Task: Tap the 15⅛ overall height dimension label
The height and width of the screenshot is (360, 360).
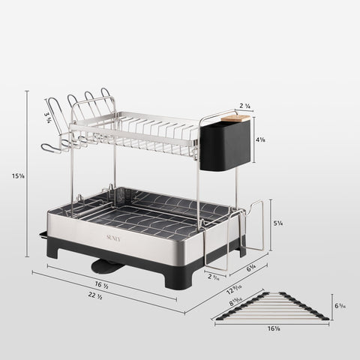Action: [16, 176]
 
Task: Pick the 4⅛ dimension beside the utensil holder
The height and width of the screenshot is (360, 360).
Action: [259, 139]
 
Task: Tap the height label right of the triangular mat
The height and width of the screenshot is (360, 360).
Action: [340, 307]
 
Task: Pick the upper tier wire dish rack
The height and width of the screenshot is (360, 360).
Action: [139, 127]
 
